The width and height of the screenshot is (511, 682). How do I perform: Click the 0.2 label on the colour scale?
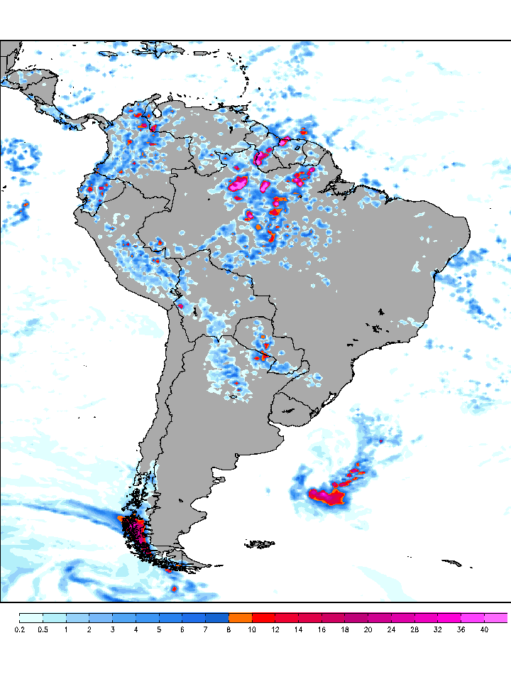coord(20,629)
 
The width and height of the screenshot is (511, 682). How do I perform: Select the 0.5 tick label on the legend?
coord(43,629)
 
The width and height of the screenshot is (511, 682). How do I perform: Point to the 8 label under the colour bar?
coord(229,629)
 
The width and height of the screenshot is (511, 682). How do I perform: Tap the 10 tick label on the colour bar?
coord(252,629)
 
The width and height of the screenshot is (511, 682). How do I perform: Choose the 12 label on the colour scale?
coord(275,629)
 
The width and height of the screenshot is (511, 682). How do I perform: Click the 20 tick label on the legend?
coord(368,629)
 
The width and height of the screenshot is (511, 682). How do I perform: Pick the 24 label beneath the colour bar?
coord(391,629)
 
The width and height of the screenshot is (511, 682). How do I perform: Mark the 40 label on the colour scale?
coord(484,629)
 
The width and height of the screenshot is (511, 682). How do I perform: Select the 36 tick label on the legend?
coord(461,629)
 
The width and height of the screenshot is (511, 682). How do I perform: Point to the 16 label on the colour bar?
coord(322,629)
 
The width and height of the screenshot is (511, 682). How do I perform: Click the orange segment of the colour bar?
coord(240,617)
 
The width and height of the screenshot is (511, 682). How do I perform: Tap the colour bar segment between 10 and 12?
coord(263,617)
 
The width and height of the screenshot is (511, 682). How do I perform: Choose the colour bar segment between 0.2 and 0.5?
coord(31,617)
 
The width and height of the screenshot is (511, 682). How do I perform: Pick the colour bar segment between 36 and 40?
coord(472,617)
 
